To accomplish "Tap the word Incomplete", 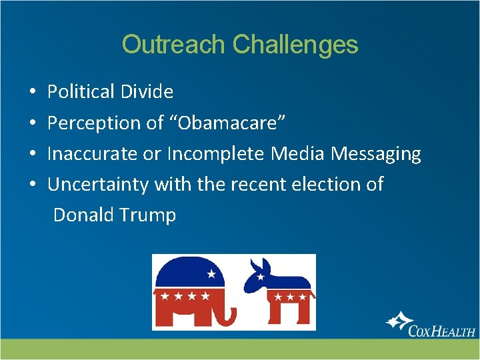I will pyautogui.click(x=217, y=154).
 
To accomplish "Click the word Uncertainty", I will pyautogui.click(x=98, y=184).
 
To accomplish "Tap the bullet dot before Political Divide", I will pyautogui.click(x=33, y=92).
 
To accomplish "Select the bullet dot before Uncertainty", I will pyautogui.click(x=33, y=185).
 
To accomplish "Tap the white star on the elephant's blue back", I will pyautogui.click(x=211, y=273).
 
